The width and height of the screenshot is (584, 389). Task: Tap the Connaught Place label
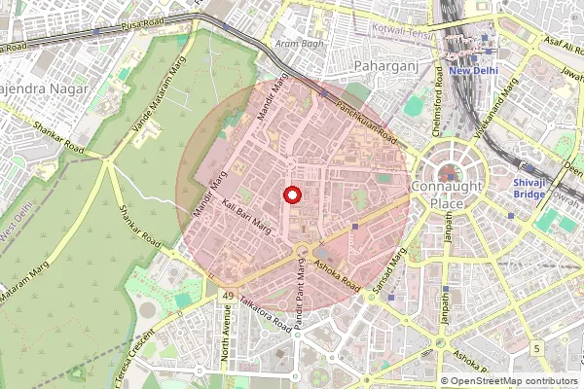(x=445, y=194)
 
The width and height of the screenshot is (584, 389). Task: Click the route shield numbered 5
(x=536, y=347)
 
